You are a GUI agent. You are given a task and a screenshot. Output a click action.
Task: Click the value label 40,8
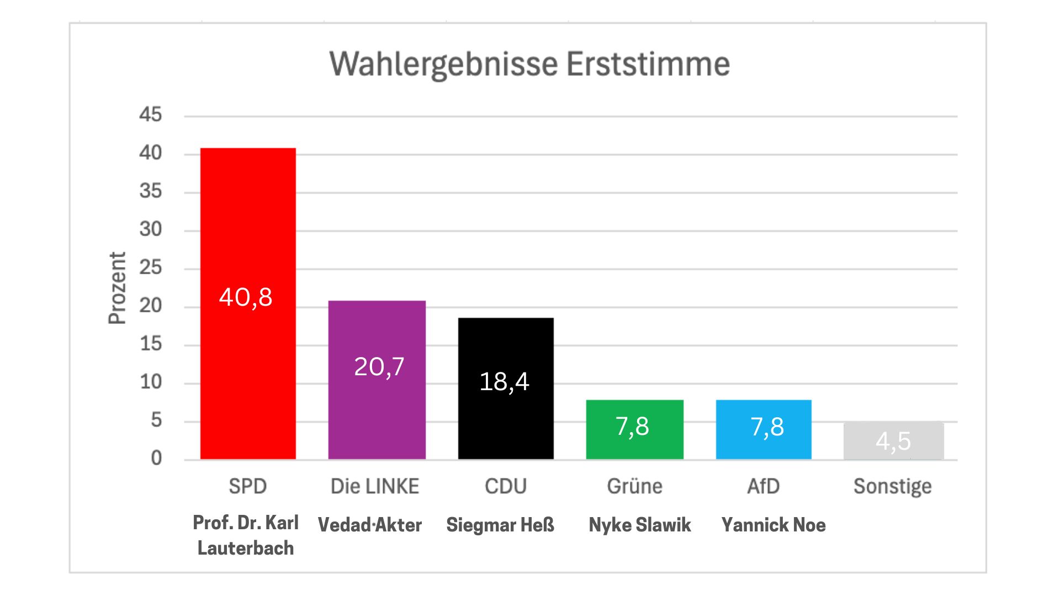(x=246, y=297)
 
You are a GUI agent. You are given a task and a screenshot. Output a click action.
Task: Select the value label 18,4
(x=504, y=381)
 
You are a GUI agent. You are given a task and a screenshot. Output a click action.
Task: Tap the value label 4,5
(x=893, y=441)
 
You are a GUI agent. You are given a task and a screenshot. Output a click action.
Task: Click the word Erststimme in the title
(x=648, y=64)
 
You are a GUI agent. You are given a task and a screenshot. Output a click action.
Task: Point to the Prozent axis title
(x=117, y=288)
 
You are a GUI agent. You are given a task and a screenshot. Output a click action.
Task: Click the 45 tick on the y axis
(x=150, y=115)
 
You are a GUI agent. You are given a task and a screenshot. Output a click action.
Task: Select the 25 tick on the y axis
(x=150, y=268)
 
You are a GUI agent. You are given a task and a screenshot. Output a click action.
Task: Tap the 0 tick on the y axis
(x=156, y=458)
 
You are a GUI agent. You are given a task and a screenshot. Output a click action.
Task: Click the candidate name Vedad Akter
(x=370, y=524)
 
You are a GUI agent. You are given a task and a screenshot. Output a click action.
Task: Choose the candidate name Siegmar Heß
(x=500, y=524)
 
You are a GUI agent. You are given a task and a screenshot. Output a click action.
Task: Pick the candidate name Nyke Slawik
(x=640, y=524)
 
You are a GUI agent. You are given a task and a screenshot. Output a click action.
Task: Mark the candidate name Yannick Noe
(x=773, y=524)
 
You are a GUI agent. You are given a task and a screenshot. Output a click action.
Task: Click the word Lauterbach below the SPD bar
(x=246, y=548)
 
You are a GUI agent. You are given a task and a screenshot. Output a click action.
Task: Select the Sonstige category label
(x=892, y=486)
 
